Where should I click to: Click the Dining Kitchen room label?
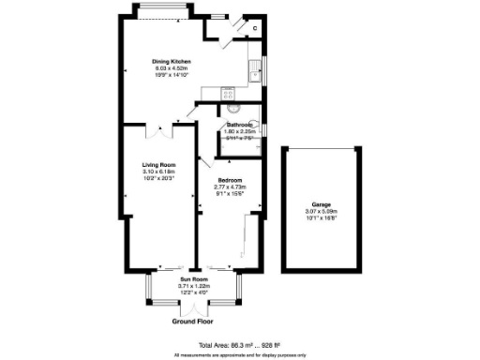click(x=172, y=62)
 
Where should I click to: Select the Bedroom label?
click(x=230, y=180)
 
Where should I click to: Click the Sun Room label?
click(x=195, y=279)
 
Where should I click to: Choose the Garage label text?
click(x=322, y=203)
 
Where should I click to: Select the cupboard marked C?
click(x=254, y=28)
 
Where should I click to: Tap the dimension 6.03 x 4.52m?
click(x=172, y=68)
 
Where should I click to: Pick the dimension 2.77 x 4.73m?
click(x=230, y=187)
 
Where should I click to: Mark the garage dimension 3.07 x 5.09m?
click(x=322, y=211)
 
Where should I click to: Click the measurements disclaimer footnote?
click(x=240, y=355)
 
